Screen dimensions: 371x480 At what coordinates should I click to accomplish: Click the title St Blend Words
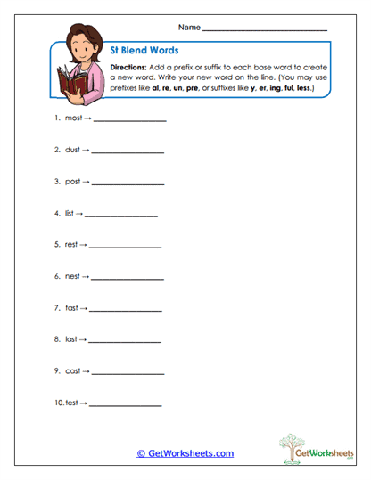coord(144,51)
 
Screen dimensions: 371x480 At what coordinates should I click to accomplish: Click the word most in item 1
coord(73,118)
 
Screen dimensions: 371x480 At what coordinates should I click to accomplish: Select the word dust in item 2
coord(72,150)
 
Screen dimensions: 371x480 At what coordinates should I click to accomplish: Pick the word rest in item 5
coord(71,244)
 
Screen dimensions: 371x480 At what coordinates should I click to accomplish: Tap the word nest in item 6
coord(72,276)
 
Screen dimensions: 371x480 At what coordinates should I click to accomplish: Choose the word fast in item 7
coord(71,308)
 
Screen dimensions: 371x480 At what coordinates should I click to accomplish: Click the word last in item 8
coord(71,339)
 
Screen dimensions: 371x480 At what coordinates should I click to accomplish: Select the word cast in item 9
coord(72,370)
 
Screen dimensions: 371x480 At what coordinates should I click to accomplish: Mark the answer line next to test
coord(126,405)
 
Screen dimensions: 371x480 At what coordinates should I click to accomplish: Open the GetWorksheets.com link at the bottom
coord(185,453)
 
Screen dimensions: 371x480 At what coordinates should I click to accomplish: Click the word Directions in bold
coord(133,68)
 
